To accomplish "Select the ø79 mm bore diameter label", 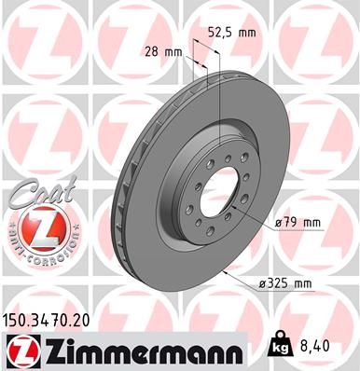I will [x=298, y=222].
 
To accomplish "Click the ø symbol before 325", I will [x=264, y=282].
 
